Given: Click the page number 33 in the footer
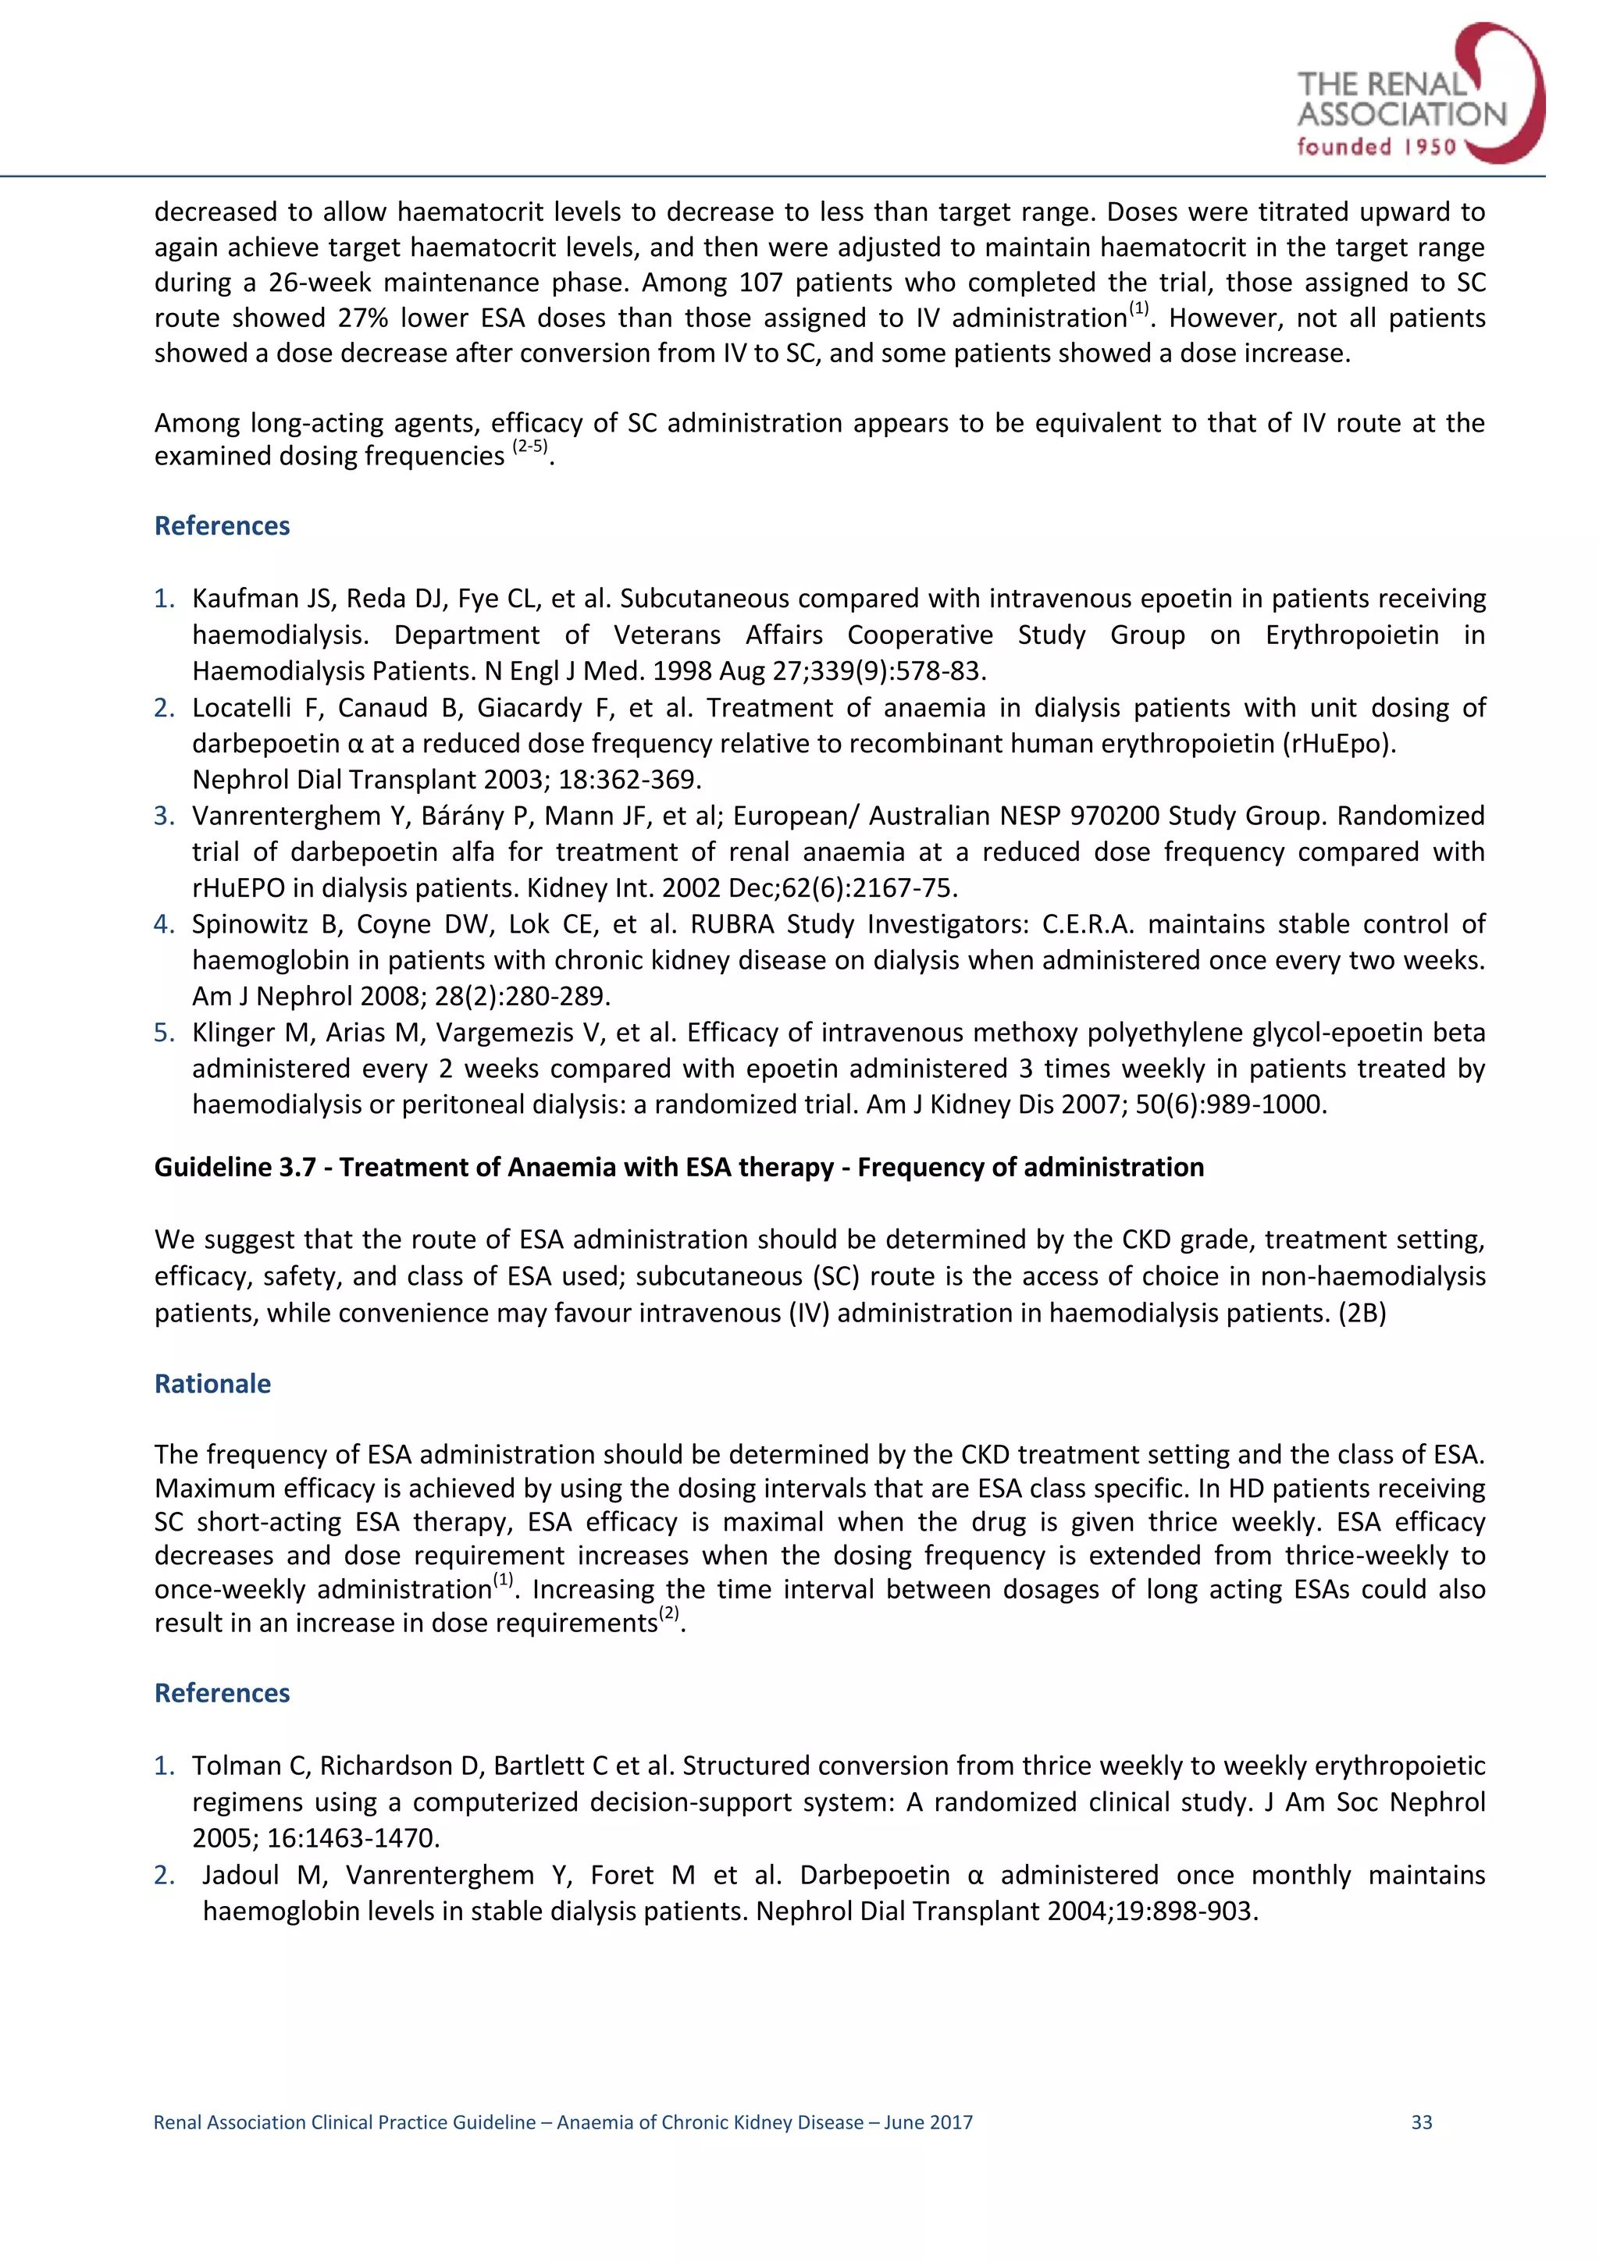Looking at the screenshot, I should [1421, 2122].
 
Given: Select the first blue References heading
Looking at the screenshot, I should [222, 525].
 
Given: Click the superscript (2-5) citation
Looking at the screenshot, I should [530, 447].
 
